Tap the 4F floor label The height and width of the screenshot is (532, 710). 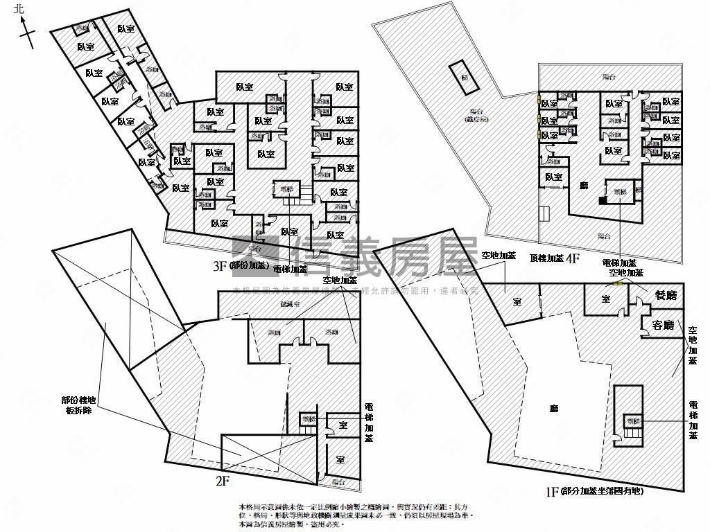click(573, 259)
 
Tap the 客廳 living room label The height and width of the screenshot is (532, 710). click(664, 324)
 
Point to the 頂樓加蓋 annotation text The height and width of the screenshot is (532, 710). click(547, 257)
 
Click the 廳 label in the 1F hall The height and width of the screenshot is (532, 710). click(553, 409)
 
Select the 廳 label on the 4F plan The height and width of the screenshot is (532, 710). click(585, 186)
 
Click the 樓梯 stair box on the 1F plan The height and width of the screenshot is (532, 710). click(632, 420)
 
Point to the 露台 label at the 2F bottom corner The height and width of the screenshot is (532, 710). click(338, 481)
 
